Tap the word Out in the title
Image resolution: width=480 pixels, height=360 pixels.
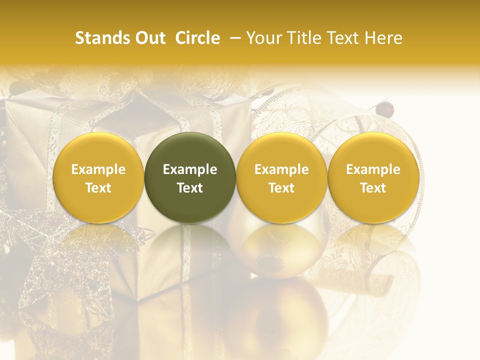coord(149,38)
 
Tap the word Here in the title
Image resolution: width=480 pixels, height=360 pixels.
coord(384,38)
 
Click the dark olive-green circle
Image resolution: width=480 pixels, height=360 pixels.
coord(190,177)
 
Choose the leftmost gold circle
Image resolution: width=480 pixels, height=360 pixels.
coord(98,177)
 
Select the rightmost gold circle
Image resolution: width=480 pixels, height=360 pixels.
coord(373,177)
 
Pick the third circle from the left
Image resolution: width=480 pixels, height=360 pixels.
coord(281,177)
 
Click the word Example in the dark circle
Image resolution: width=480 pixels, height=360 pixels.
coord(190,169)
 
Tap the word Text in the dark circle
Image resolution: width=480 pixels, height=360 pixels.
coord(190,188)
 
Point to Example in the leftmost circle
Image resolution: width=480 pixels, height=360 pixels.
coord(98,169)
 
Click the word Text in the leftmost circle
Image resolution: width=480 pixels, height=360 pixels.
coord(98,188)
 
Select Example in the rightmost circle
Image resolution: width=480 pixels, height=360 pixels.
coord(373,169)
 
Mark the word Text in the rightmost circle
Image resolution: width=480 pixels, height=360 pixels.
coord(373,188)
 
